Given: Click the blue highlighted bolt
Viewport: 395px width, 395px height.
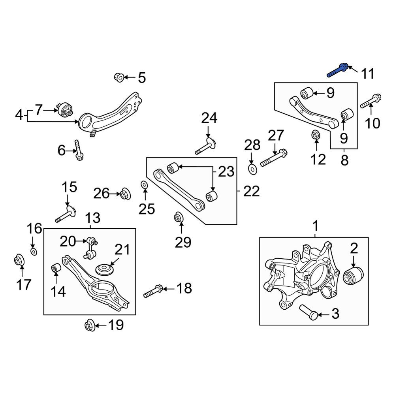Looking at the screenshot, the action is [338, 71].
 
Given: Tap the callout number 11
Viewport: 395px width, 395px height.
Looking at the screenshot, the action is [367, 74].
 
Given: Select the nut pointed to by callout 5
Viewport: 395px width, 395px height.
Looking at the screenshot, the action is [119, 77].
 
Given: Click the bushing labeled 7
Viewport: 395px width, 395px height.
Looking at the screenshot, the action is [65, 110].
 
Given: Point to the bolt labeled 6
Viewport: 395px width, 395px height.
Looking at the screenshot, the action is [79, 150].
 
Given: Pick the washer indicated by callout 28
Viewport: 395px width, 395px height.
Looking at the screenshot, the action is [252, 169].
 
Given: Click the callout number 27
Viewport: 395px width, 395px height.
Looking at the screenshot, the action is [276, 135].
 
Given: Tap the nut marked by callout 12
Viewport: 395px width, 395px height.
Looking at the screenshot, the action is [315, 135].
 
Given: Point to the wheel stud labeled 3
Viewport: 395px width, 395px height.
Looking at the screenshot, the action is [308, 312].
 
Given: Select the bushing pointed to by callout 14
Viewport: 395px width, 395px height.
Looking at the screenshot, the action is [56, 268].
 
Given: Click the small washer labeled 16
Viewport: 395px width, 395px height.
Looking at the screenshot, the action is [34, 251].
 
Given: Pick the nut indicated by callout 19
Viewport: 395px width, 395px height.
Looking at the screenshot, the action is [90, 325].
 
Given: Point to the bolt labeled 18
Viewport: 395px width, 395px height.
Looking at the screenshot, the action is [153, 291].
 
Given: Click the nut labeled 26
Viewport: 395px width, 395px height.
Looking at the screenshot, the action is [125, 194].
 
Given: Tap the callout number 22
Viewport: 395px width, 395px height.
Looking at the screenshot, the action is [251, 191].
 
